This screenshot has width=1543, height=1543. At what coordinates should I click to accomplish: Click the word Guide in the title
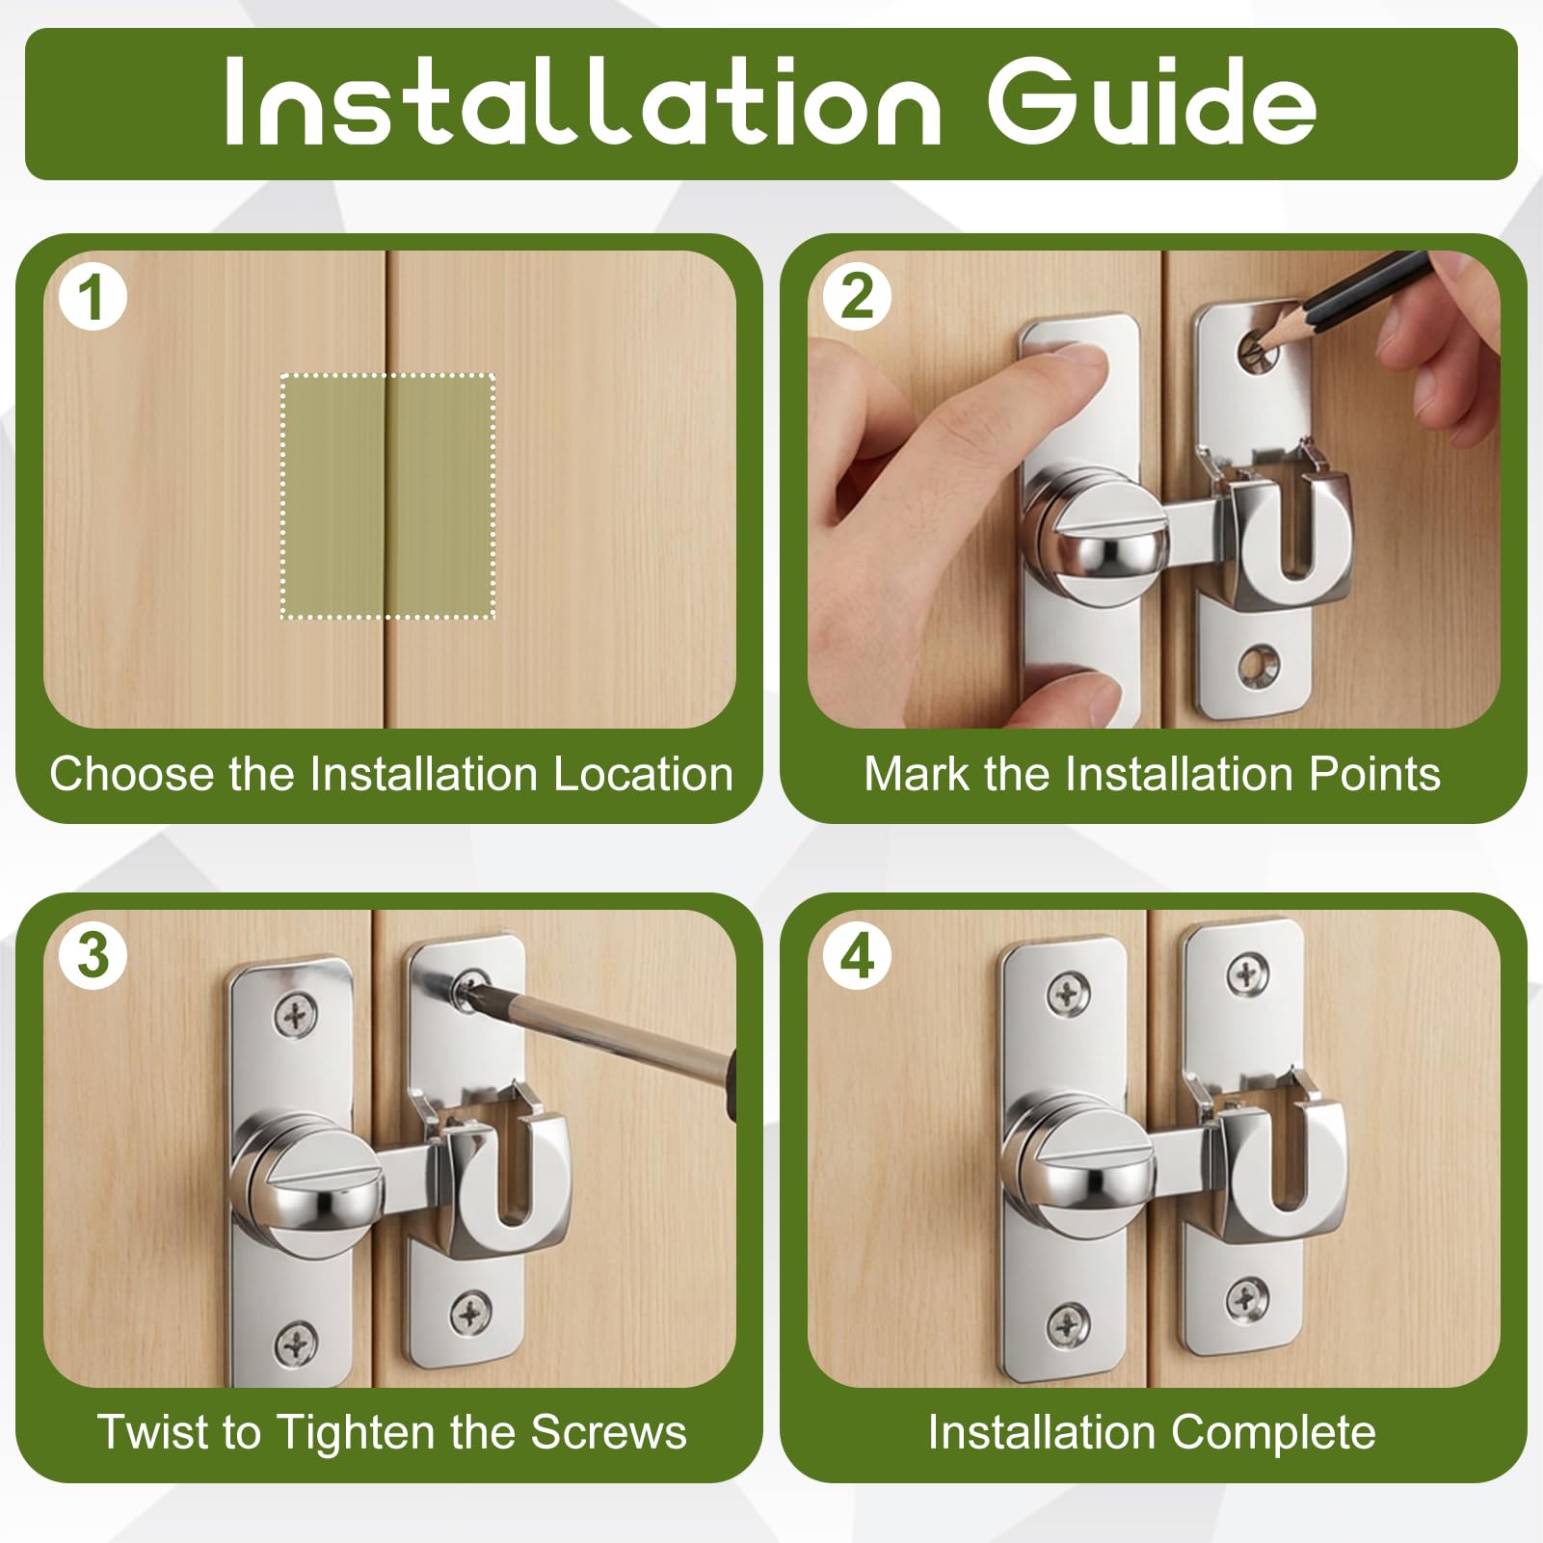pos(1152,102)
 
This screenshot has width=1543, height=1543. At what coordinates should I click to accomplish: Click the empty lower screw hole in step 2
pos(1253,663)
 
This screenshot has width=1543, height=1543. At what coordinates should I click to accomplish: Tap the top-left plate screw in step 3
pos(295,1015)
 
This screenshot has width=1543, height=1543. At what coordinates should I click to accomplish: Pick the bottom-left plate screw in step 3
pos(297,1341)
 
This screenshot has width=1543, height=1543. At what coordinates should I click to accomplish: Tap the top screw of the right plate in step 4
pos(1247,975)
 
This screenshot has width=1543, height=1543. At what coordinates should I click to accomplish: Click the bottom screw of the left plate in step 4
pos(1069,1326)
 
